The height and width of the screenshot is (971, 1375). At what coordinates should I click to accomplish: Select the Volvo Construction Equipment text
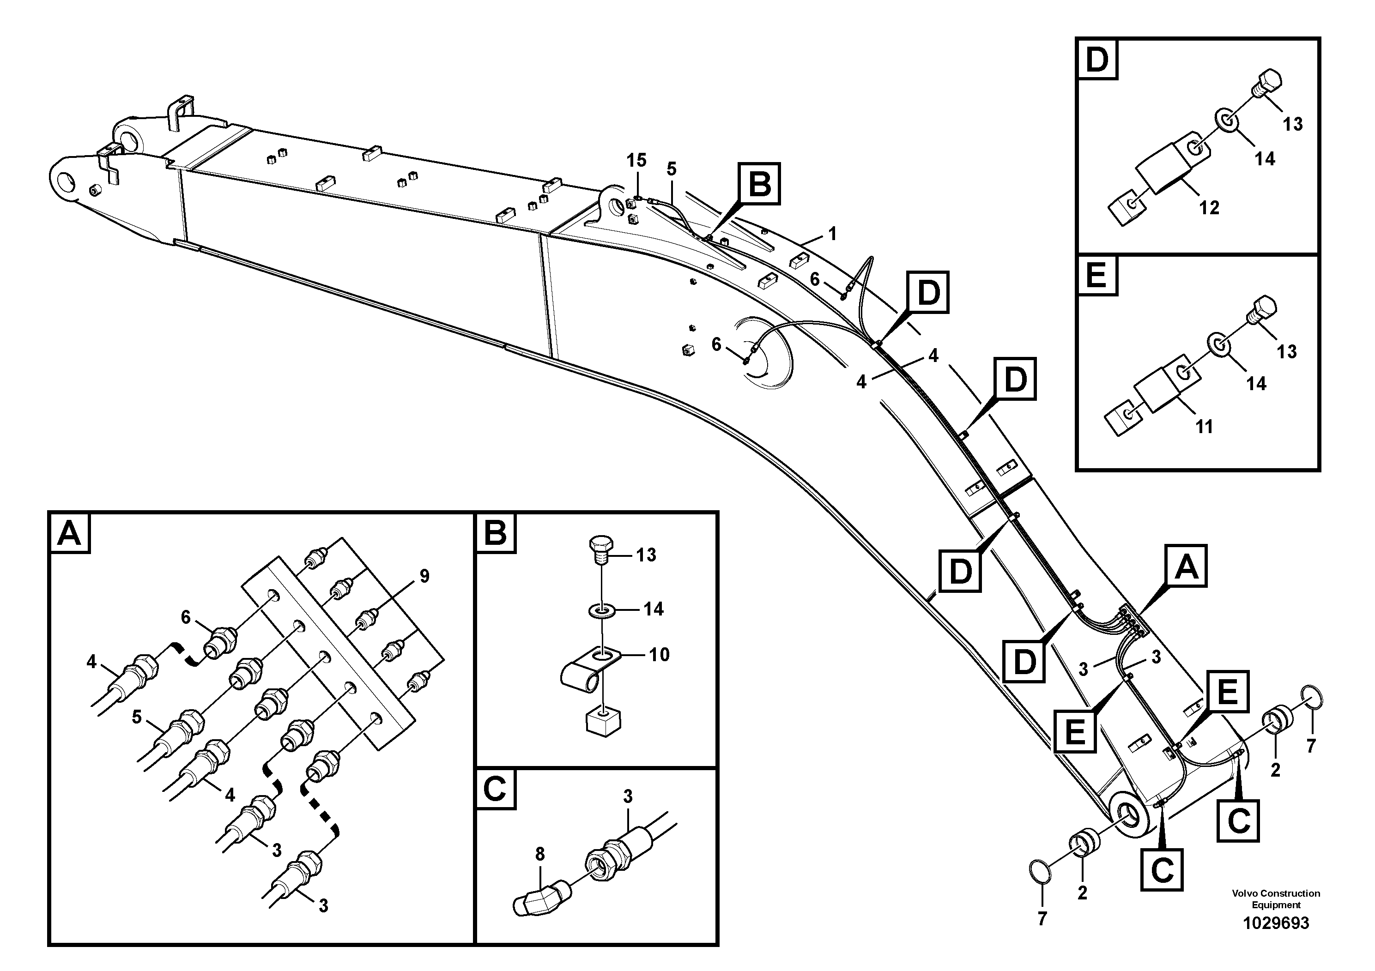click(x=1276, y=899)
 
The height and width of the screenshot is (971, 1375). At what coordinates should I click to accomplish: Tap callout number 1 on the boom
click(x=832, y=234)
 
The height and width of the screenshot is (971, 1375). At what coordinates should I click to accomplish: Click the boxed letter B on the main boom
click(x=759, y=184)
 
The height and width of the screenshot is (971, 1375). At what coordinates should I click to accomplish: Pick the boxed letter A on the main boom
click(x=1186, y=567)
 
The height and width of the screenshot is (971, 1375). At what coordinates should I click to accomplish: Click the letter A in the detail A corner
click(x=69, y=532)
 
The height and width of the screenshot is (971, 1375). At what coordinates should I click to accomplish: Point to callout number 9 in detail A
click(x=424, y=577)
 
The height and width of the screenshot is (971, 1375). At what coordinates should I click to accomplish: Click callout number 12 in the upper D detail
click(x=1209, y=208)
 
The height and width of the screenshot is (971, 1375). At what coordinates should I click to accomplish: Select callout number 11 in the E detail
click(x=1204, y=426)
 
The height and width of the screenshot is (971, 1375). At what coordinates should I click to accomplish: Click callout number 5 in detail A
click(x=137, y=717)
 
